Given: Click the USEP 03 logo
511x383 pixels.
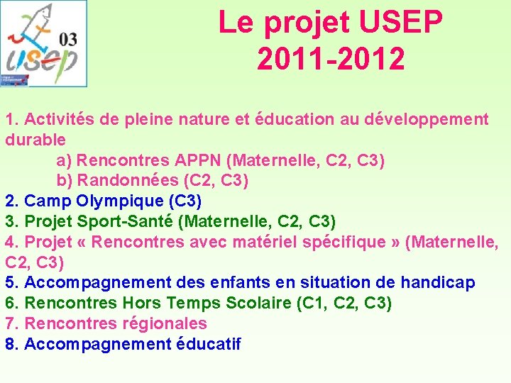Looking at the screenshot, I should [44, 43].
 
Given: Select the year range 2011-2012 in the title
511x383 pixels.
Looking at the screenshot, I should [331, 59].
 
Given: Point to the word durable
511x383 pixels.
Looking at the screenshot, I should [35, 140].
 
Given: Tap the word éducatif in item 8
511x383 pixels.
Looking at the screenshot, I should [209, 345].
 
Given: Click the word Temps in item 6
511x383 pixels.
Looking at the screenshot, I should [193, 304].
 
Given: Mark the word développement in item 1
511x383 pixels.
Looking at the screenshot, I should [426, 119].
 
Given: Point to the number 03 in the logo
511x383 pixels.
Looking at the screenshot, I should [70, 39].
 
